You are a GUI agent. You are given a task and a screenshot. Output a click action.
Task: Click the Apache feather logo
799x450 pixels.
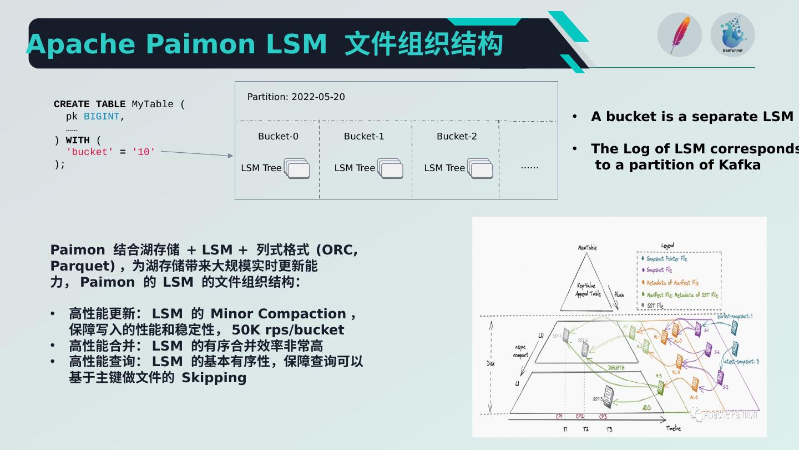679,35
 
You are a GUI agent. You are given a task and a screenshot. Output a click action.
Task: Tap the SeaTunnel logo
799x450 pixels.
732,34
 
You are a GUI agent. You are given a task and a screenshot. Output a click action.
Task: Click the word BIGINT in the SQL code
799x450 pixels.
102,117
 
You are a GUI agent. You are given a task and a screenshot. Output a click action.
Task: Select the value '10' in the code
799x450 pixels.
144,152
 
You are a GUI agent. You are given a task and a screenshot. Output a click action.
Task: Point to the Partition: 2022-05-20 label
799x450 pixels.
296,97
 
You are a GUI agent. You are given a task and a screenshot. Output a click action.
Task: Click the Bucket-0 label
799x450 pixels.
278,136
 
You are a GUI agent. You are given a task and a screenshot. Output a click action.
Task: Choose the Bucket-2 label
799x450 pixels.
457,136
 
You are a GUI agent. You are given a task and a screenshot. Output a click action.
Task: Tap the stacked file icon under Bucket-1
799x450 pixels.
391,168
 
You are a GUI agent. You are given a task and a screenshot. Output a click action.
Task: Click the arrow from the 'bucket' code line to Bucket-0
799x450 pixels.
197,154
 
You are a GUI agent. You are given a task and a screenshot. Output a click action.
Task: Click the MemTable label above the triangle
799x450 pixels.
587,248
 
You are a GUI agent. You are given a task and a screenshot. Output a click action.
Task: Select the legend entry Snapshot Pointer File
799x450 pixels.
666,259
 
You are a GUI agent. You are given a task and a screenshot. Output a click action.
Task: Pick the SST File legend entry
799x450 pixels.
655,306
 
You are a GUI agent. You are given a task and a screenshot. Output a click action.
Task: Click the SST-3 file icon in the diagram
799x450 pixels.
609,397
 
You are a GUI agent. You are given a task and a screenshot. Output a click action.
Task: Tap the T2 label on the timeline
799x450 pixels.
585,429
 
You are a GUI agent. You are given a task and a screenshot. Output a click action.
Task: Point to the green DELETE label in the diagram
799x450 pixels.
616,368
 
